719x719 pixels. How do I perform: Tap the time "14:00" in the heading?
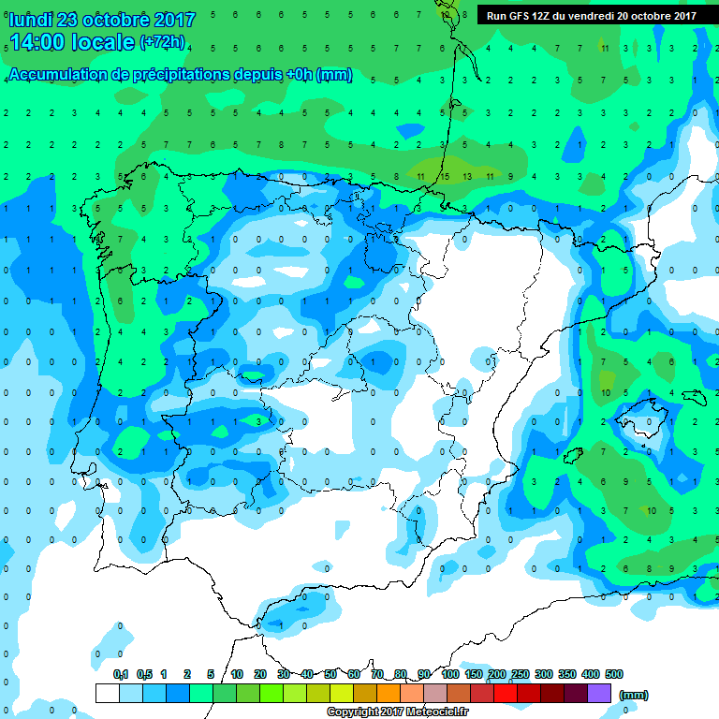pyautogui.click(x=37, y=43)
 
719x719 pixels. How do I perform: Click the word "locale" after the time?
pyautogui.click(x=100, y=43)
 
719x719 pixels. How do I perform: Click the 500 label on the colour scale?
pyautogui.click(x=614, y=674)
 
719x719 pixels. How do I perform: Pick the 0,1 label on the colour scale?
pyautogui.click(x=121, y=674)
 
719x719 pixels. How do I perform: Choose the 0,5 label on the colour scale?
pyautogui.click(x=144, y=674)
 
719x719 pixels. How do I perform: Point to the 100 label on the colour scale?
pyautogui.click(x=449, y=674)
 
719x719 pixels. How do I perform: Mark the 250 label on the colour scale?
pyautogui.click(x=521, y=674)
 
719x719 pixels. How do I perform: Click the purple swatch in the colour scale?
pyautogui.click(x=599, y=693)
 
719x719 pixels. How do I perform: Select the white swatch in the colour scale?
pyautogui.click(x=107, y=693)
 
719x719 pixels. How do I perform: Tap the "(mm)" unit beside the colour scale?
pyautogui.click(x=634, y=695)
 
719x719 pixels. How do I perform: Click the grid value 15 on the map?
pyautogui.click(x=444, y=175)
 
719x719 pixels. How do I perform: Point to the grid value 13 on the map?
pyautogui.click(x=466, y=175)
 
